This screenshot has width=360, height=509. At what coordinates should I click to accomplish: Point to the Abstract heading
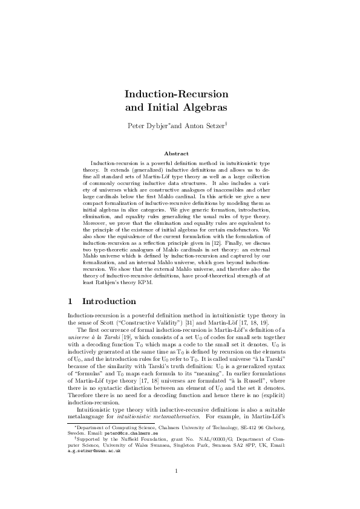[x=180, y=154]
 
